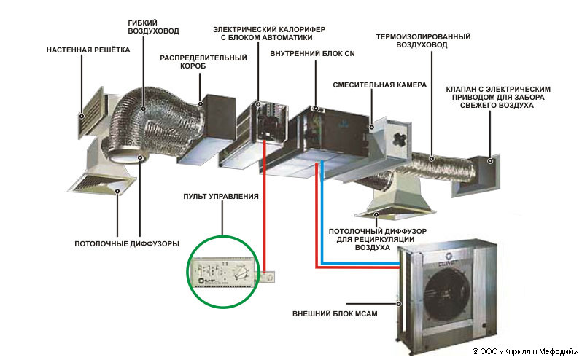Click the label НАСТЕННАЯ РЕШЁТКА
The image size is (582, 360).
coord(88,51)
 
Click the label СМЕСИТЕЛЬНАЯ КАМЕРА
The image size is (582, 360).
coord(379,85)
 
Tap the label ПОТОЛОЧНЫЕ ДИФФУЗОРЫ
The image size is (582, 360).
coord(127,243)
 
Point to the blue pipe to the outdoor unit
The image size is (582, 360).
coord(357,260)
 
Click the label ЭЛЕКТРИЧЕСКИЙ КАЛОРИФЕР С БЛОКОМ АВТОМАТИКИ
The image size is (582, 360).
coord(263,33)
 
